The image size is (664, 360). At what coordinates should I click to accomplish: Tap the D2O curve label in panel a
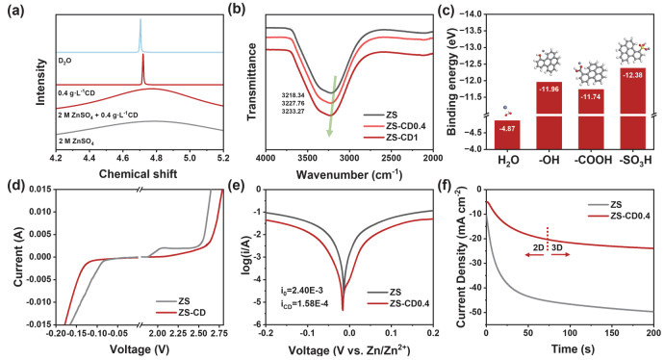[x=60, y=60]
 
